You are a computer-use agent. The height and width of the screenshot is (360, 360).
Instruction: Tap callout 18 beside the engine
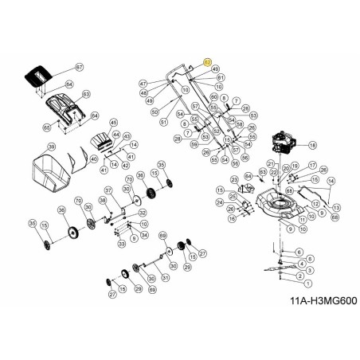(x=312, y=145)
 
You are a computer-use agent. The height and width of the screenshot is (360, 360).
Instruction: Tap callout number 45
(x=114, y=123)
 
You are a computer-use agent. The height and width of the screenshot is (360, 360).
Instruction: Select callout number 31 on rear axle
(x=166, y=277)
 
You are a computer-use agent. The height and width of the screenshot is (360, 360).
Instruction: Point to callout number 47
(x=143, y=84)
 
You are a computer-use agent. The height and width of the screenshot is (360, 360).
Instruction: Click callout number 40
(x=94, y=158)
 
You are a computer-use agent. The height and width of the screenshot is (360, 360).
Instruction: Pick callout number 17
(x=313, y=165)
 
